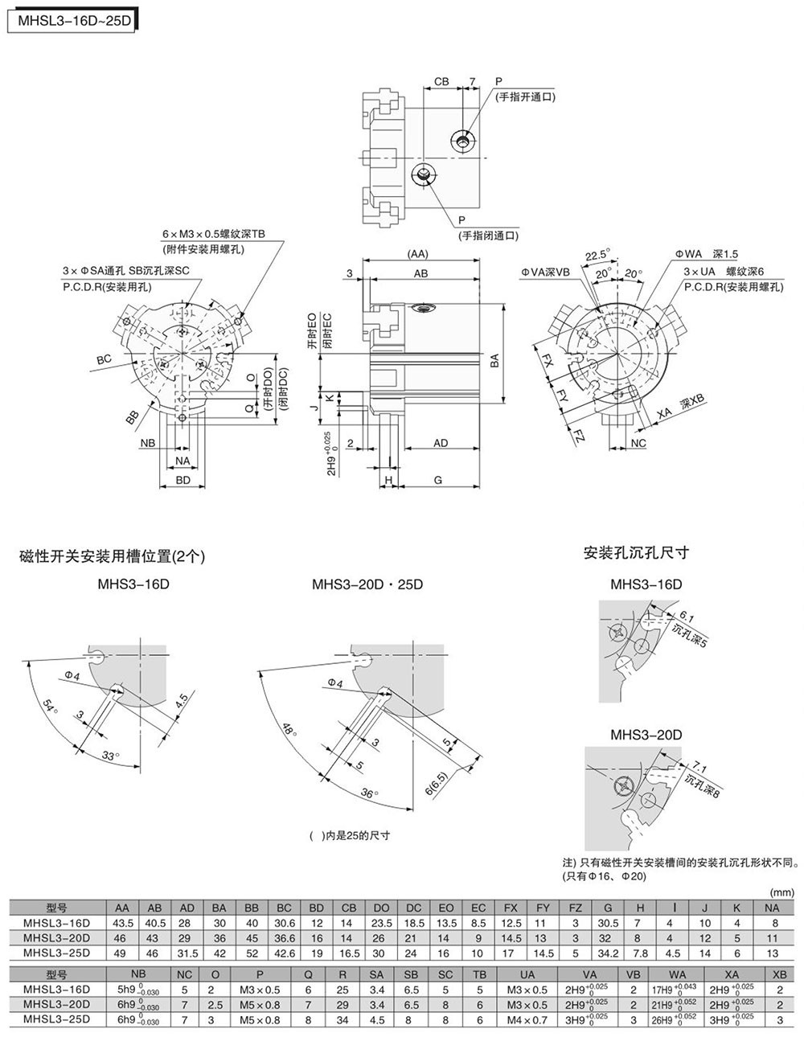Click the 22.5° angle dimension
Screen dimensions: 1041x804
pos(596,255)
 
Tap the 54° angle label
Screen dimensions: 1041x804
pos(51,707)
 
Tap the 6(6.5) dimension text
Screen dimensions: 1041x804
pos(433,781)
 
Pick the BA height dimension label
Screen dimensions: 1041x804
pos(494,362)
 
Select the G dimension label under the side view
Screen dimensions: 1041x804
pos(438,479)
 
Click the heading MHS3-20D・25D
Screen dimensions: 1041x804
pos(367,584)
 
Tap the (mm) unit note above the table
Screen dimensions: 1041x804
pos(781,892)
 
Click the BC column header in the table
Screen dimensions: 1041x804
pos(284,908)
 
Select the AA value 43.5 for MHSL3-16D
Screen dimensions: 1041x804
pos(123,923)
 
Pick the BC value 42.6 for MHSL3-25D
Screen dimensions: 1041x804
pos(284,953)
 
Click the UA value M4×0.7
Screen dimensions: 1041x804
pos(527,1019)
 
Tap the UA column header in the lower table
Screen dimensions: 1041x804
pos(527,974)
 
